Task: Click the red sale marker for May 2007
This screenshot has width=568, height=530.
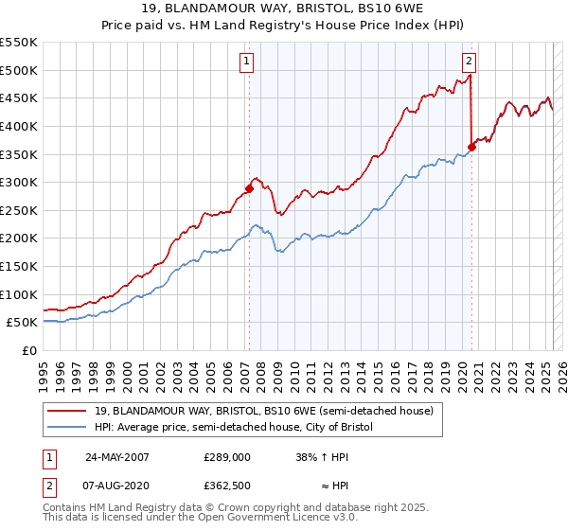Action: (x=249, y=188)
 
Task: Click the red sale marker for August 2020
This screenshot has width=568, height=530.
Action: (x=471, y=147)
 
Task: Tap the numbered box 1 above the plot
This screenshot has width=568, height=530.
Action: (x=246, y=62)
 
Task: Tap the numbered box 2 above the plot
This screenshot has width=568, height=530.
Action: (x=469, y=62)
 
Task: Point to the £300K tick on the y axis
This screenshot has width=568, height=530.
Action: (x=19, y=182)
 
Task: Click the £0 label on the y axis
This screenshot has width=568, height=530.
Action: (x=30, y=350)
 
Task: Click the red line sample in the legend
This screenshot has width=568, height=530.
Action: (x=66, y=411)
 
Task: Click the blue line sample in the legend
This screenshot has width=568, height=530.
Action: (x=66, y=427)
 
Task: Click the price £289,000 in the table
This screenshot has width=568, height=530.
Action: (x=226, y=456)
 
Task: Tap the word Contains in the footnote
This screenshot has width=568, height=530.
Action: (x=65, y=509)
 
